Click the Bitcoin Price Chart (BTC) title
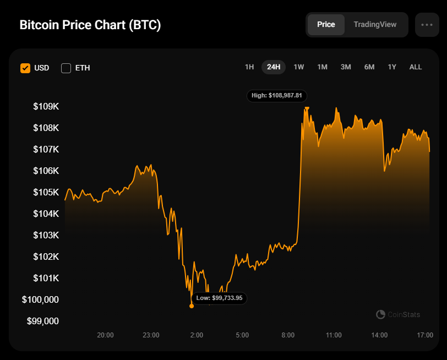[90, 25]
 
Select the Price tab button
[326, 25]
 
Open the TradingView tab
[375, 25]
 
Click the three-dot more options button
[427, 25]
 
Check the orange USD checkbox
[25, 68]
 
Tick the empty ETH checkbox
[66, 68]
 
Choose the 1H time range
[249, 67]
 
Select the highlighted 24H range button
[274, 67]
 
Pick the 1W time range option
[299, 67]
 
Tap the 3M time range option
[346, 67]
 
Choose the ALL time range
[416, 67]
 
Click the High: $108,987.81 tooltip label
[276, 96]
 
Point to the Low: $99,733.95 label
[220, 298]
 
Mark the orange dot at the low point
[192, 306]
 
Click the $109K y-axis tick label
[46, 106]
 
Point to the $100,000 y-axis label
[40, 299]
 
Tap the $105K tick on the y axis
[46, 192]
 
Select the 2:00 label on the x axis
[197, 335]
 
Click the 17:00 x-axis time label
[425, 335]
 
